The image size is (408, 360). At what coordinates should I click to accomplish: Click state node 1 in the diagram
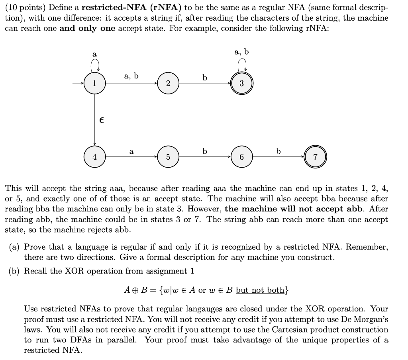coord(94,83)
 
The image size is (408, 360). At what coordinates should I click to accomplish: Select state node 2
coord(168,83)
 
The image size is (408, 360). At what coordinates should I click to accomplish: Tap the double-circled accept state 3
coord(241,83)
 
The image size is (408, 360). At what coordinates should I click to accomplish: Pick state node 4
coord(94,157)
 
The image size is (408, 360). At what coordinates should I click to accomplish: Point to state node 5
coord(168,157)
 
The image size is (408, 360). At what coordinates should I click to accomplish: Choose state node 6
coord(241,157)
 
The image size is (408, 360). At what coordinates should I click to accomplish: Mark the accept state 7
coord(315,157)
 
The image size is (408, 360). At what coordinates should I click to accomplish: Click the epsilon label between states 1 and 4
coord(102,120)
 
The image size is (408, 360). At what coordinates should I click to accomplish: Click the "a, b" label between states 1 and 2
coord(131,76)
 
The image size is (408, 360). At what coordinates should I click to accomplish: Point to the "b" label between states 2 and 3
coord(205,77)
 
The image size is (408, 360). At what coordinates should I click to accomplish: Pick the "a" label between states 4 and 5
coord(131,151)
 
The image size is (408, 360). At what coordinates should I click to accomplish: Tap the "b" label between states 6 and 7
coord(278,151)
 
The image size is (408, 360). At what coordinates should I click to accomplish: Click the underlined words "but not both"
coord(260,290)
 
